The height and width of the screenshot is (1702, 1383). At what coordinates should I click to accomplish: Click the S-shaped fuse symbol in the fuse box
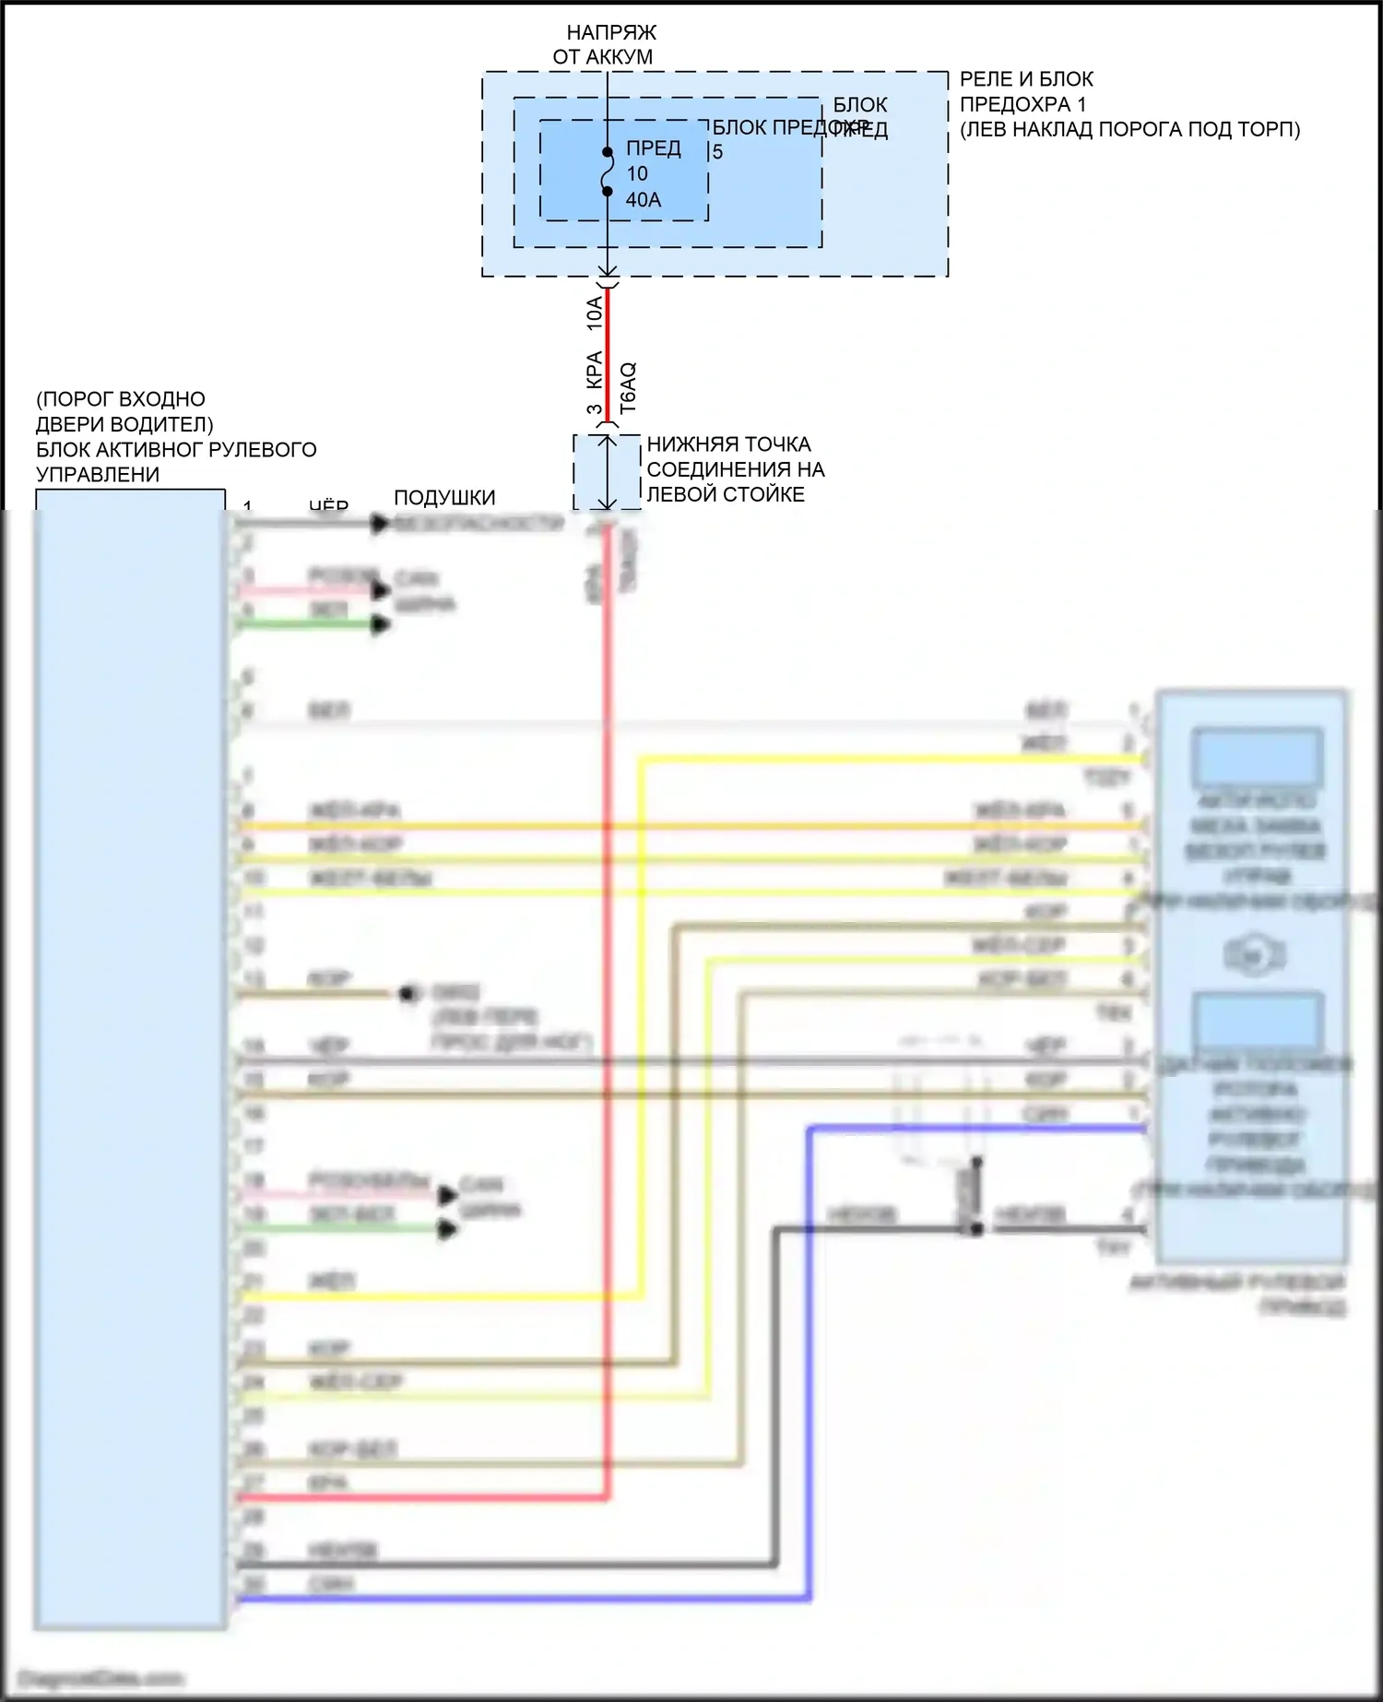(607, 172)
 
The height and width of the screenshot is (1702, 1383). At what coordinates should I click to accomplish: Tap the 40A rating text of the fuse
(643, 200)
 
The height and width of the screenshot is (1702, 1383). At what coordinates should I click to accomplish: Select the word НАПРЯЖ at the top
(611, 32)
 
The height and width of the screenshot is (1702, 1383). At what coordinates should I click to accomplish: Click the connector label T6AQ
(628, 387)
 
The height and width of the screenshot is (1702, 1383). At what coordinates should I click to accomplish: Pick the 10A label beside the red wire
(595, 313)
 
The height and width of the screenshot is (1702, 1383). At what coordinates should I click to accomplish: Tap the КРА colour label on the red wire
(595, 369)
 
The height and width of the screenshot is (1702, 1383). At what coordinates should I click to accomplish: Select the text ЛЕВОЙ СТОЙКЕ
(726, 495)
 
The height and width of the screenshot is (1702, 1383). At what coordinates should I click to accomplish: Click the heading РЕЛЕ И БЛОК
(1026, 79)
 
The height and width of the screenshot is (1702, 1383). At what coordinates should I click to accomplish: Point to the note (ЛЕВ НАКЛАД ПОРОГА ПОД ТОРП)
(1129, 130)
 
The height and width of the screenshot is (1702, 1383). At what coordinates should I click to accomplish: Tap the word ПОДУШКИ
(444, 498)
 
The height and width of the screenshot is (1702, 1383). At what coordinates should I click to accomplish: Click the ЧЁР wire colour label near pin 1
(328, 505)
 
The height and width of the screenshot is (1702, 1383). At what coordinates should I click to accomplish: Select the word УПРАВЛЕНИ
(98, 475)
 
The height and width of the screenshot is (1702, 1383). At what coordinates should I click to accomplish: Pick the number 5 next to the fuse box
(717, 152)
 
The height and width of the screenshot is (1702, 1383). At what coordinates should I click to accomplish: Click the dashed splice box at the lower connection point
(607, 472)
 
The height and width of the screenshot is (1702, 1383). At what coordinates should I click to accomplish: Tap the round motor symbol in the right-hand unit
(1251, 956)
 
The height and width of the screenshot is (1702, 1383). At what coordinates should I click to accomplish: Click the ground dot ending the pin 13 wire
(407, 994)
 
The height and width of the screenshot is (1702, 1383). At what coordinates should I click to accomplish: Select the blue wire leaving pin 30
(516, 1599)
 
